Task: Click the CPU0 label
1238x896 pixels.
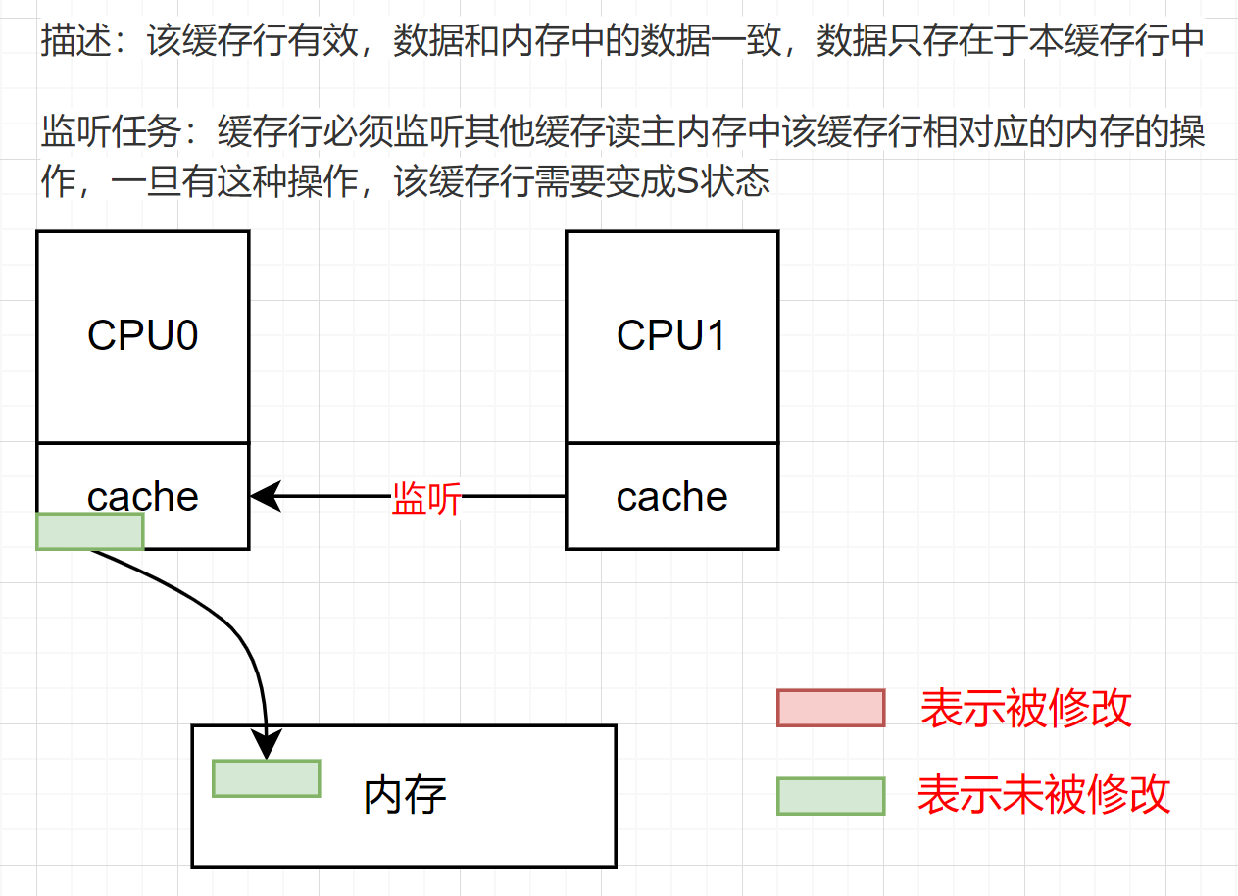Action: (x=143, y=336)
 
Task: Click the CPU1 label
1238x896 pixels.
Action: (x=671, y=336)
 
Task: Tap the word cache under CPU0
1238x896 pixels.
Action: (x=143, y=496)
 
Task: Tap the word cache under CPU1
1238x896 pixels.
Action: (x=671, y=497)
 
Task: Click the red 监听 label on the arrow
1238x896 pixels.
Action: (x=425, y=498)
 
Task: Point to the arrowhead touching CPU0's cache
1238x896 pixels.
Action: (x=263, y=496)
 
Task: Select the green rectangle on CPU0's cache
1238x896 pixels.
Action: (x=90, y=530)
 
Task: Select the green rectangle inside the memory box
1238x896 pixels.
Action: (x=267, y=778)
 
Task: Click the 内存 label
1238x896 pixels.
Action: (x=405, y=795)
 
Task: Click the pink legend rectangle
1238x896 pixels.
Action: (x=831, y=708)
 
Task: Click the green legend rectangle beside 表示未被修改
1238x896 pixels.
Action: (x=831, y=796)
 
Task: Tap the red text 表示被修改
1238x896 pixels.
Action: (x=1026, y=708)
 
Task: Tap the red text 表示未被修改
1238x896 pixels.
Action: (x=1044, y=795)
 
